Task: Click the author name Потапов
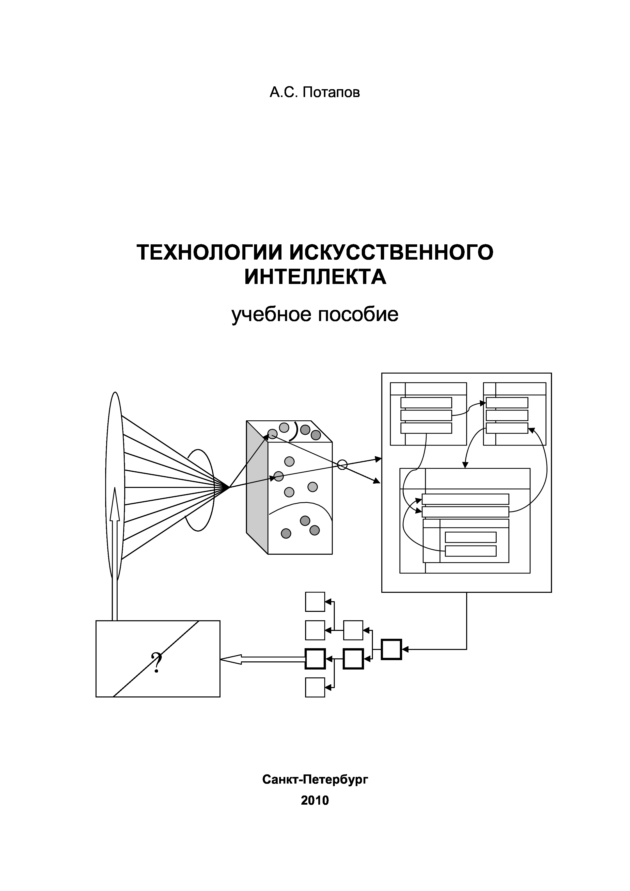[x=331, y=93]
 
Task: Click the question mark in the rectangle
[x=157, y=662]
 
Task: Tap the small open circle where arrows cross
[x=342, y=465]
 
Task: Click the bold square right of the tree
[x=391, y=649]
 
